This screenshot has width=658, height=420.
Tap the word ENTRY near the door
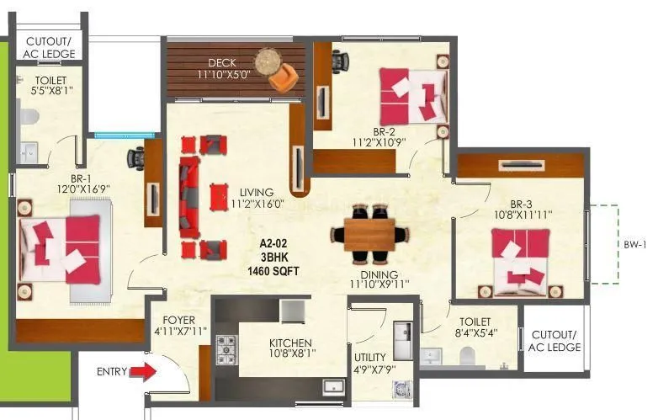tap(113, 371)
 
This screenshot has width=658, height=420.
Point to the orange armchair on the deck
tap(282, 77)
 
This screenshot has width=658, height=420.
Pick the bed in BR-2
tap(412, 94)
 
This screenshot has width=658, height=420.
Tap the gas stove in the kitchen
tap(227, 346)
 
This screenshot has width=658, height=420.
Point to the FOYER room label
tap(178, 321)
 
